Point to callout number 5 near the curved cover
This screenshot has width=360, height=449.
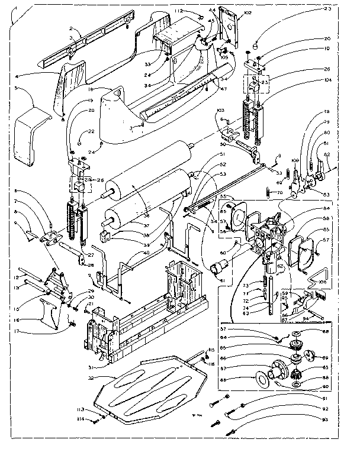point(17,89)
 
